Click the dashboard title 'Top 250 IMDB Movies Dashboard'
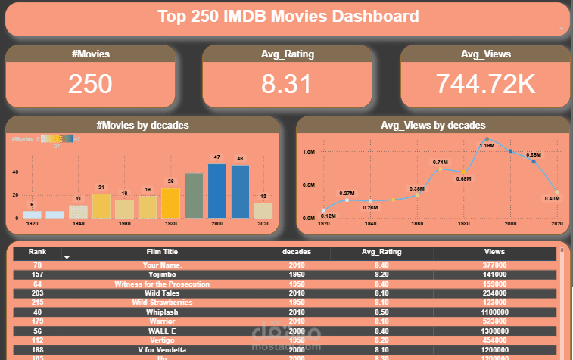click(288, 16)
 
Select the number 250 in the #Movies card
click(90, 84)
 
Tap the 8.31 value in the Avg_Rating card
click(287, 84)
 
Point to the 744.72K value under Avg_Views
click(484, 84)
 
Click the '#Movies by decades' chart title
click(142, 125)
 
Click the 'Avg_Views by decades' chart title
click(433, 125)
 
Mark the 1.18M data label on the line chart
click(487, 145)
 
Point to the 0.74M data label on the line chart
click(441, 162)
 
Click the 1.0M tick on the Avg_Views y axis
click(309, 151)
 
